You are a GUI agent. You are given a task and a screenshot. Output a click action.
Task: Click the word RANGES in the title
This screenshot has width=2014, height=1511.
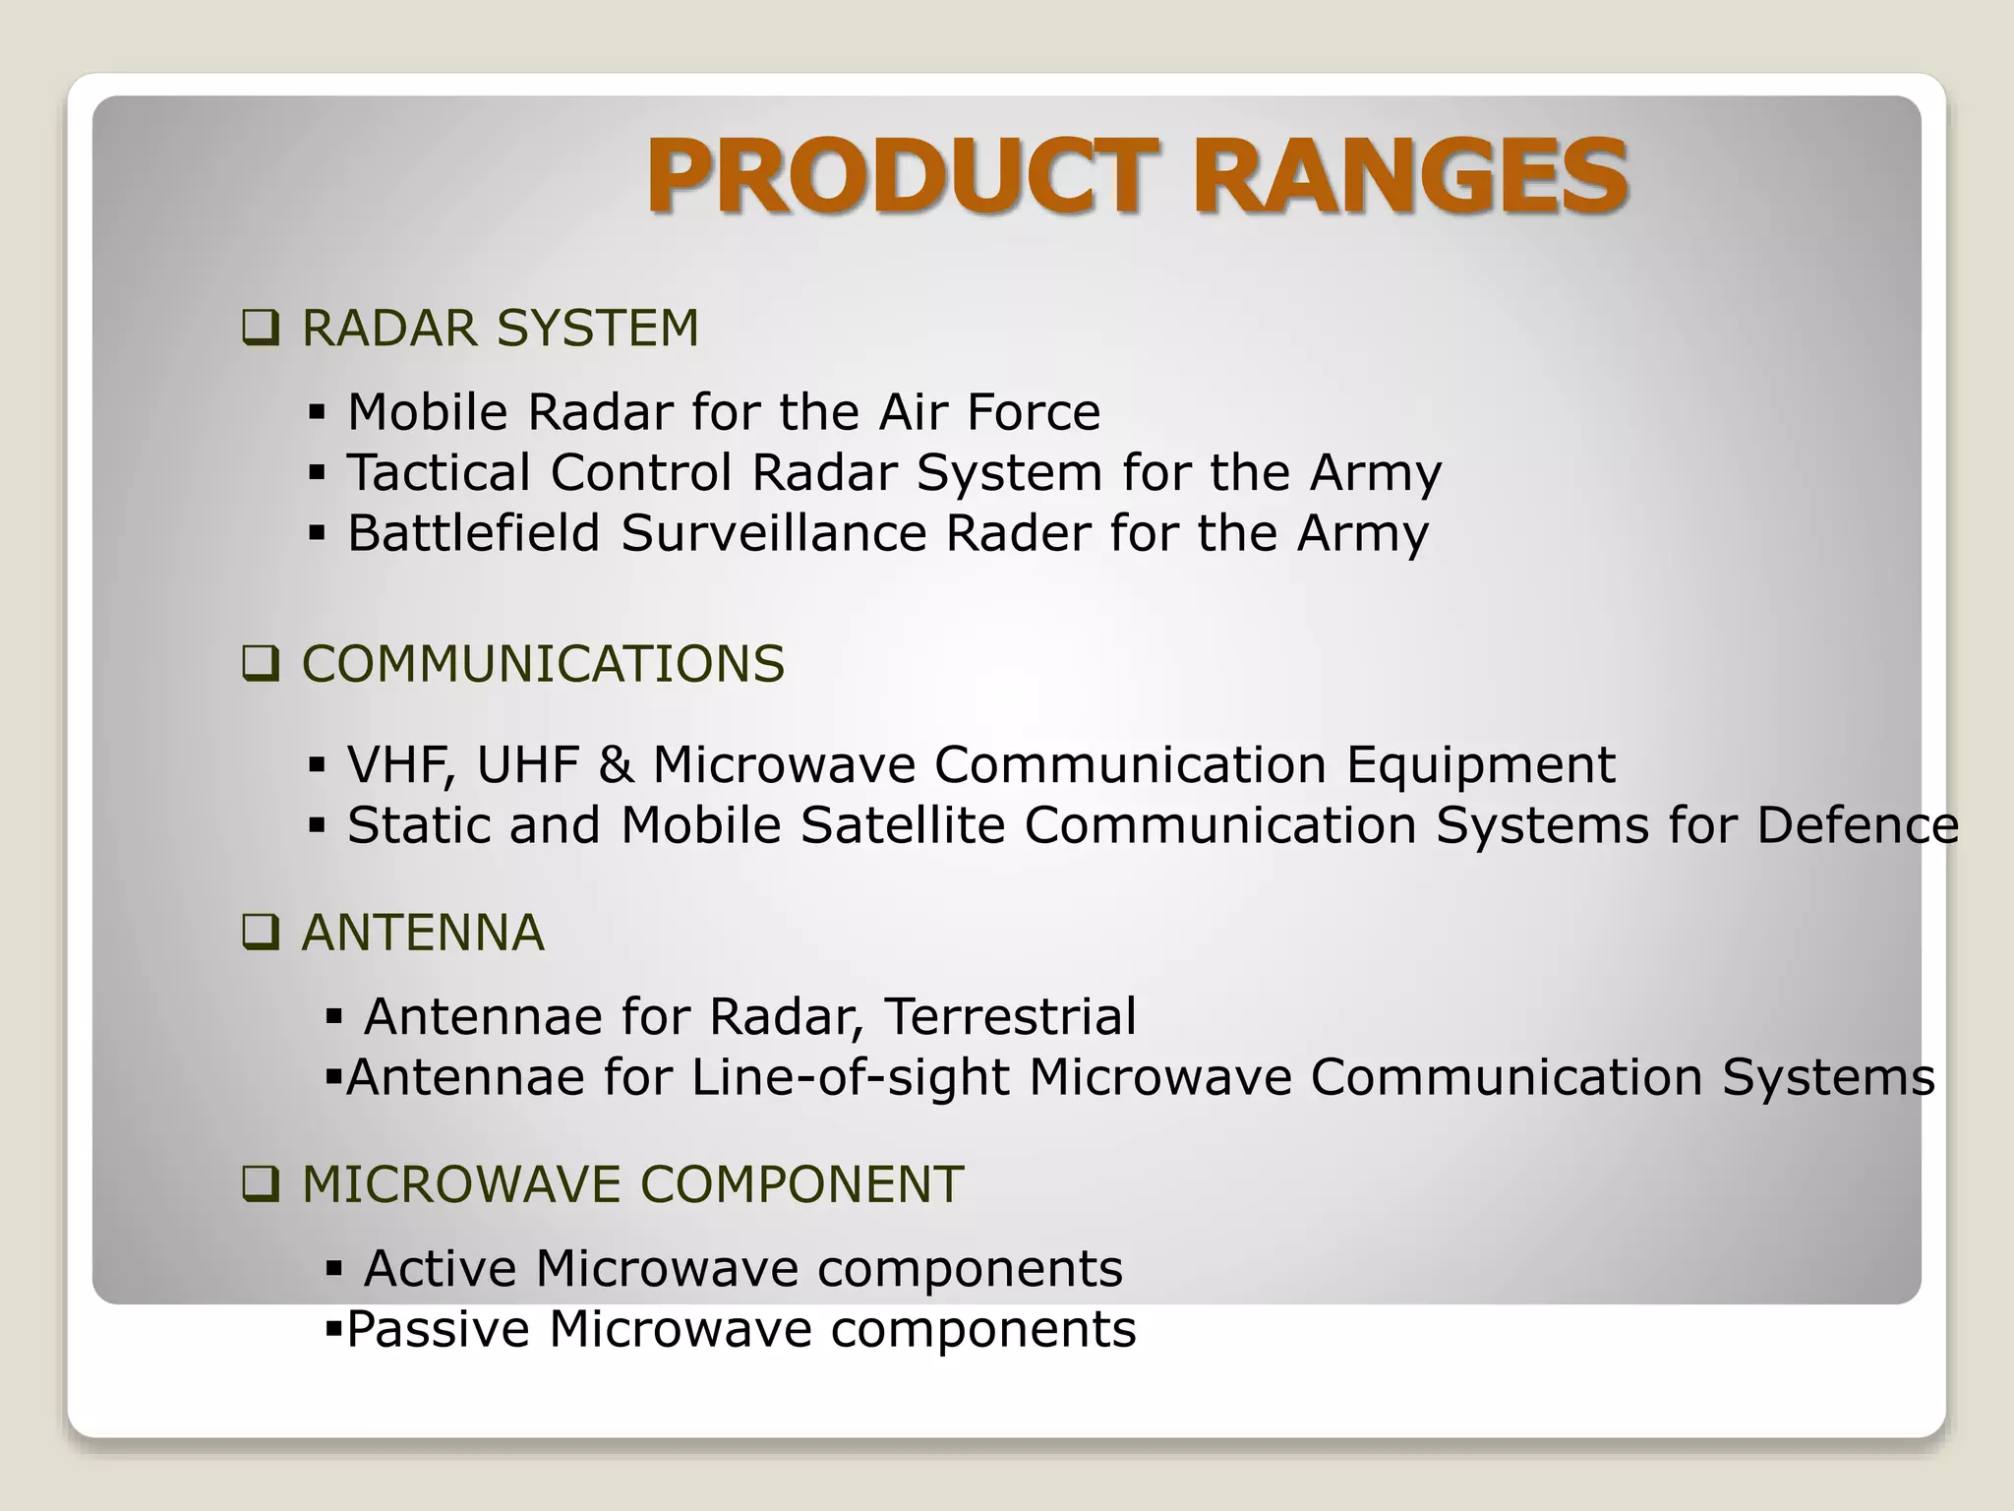click(1410, 177)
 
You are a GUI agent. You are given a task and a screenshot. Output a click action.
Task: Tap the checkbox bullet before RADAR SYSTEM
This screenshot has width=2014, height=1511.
click(260, 329)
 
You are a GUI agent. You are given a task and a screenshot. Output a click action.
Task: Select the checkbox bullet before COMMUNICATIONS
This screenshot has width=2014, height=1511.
click(260, 665)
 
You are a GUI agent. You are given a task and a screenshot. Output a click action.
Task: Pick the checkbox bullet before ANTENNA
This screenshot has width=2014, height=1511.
click(260, 933)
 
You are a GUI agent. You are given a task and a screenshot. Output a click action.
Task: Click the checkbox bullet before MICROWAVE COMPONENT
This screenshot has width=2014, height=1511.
click(260, 1184)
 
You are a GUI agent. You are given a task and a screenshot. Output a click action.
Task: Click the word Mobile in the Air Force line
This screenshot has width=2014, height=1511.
click(427, 412)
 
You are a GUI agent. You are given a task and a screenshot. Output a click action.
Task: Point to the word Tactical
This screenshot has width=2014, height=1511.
click(438, 473)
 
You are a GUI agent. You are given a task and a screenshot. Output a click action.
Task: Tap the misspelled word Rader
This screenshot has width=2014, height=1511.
click(1017, 534)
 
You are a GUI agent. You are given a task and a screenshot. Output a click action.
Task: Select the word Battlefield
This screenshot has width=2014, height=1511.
click(473, 534)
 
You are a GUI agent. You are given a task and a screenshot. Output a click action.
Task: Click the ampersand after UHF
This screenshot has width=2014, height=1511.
click(616, 765)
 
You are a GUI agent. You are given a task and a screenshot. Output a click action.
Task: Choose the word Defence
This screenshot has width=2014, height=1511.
click(1857, 825)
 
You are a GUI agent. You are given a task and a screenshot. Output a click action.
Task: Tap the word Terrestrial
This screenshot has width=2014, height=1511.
click(1009, 1017)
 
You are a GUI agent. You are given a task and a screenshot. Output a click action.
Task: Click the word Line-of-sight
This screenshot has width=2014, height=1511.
click(850, 1077)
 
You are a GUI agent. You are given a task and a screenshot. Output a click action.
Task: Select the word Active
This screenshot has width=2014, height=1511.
click(440, 1269)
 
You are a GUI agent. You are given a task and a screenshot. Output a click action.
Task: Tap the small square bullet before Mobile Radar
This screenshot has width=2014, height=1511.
click(316, 412)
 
